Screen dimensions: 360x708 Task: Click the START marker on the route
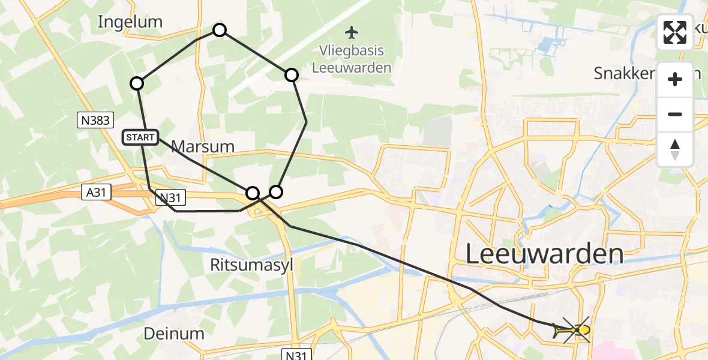[141, 137]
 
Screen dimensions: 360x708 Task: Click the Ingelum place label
[130, 22]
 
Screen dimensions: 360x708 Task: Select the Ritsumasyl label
[252, 265]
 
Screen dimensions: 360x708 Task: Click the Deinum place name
[174, 334]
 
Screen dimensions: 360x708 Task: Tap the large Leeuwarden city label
[544, 254]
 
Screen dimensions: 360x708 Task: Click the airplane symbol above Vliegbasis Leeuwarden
[351, 31]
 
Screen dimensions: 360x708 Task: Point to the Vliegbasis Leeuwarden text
[352, 59]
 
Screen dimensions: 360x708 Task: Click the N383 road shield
[95, 121]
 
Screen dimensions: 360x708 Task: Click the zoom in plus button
[675, 79]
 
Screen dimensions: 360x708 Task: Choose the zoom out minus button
[675, 114]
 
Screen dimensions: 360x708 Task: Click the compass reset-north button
[675, 149]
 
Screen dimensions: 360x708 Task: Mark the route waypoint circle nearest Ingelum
[137, 83]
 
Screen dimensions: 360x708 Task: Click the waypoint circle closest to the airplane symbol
[291, 75]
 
